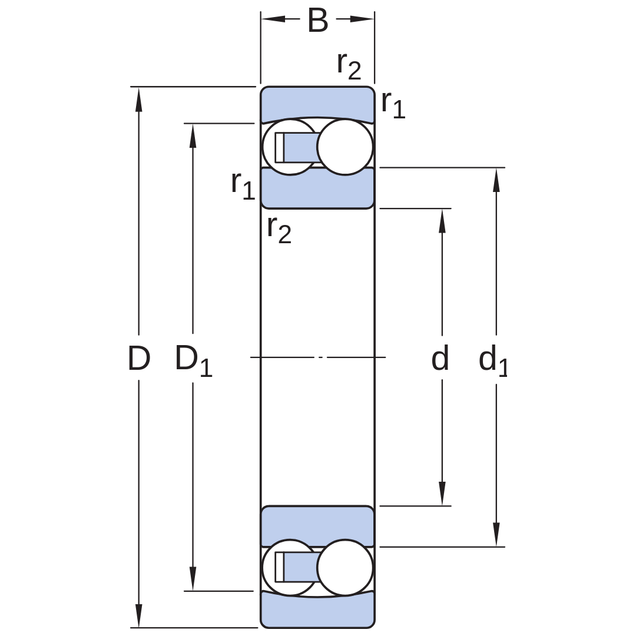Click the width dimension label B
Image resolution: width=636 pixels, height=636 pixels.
[317, 20]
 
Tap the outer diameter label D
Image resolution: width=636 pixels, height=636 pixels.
[139, 358]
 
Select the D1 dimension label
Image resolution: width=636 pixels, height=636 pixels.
[194, 360]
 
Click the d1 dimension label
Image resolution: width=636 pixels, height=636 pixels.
[493, 360]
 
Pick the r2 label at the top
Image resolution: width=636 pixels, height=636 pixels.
[349, 66]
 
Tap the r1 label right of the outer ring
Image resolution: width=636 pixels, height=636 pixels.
[393, 105]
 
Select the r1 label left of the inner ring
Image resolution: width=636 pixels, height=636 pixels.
[243, 185]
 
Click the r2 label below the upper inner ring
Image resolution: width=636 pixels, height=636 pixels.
[280, 230]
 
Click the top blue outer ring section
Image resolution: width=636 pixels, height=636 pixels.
[317, 103]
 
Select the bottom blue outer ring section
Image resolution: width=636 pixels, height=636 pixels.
[317, 611]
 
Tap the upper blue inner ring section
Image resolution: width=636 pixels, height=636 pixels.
[317, 188]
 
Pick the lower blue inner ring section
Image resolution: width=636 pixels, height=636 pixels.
[317, 526]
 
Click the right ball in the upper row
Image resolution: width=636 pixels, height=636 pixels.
[344, 147]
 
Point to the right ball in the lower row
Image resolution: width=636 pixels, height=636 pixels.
[344, 568]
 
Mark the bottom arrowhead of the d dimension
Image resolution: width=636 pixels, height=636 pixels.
[442, 493]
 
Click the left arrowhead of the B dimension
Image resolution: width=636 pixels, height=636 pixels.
[273, 19]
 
